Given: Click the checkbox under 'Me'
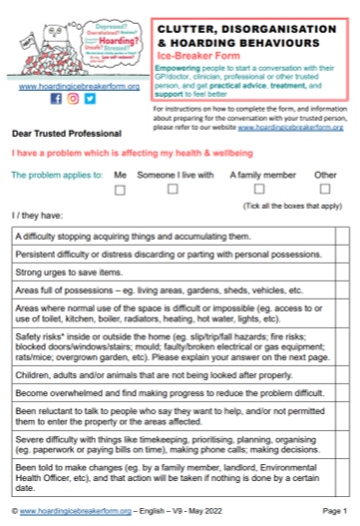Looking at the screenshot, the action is [120, 188].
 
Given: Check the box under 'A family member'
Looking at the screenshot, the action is [258, 188].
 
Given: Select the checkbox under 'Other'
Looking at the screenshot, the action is [324, 188].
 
